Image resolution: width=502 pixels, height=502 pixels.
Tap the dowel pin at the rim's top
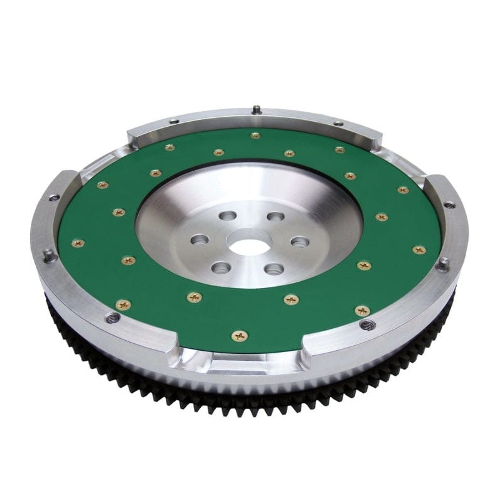tap(256, 110)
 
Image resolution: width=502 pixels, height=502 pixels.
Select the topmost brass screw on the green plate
tap(255, 135)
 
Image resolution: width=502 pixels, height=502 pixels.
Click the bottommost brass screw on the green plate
tap(240, 336)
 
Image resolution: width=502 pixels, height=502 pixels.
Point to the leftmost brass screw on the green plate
tap(78, 243)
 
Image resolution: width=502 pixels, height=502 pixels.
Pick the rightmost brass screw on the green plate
tap(419, 250)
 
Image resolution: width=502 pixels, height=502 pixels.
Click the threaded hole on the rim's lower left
tap(113, 318)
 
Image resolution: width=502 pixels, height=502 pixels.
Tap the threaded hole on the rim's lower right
tap(368, 324)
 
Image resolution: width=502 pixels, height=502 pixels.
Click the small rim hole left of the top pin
tap(174, 121)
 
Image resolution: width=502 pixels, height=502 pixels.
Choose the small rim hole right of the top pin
tap(338, 123)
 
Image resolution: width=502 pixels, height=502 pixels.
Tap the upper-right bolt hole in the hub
tap(275, 217)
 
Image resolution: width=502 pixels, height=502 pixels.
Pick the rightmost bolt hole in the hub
tap(300, 242)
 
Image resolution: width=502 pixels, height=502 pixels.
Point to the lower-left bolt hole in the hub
tap(221, 268)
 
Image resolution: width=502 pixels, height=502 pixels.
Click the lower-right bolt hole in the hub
tap(274, 269)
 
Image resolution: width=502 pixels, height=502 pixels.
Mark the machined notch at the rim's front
tap(240, 362)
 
